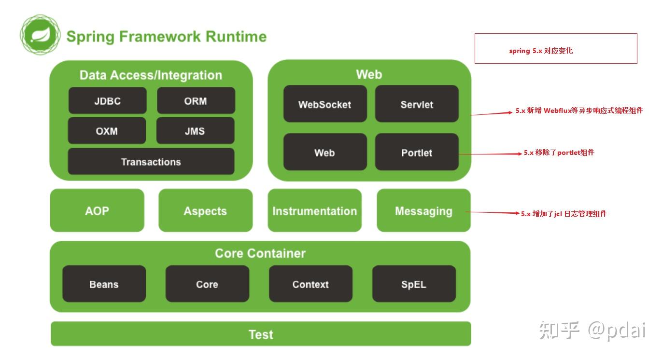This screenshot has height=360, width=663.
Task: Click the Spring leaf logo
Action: point(40,35)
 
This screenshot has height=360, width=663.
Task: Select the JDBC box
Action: point(107,100)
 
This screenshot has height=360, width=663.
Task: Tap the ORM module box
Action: point(196,100)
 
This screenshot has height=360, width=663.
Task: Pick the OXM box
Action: point(107,131)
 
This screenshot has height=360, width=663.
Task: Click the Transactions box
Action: point(151,162)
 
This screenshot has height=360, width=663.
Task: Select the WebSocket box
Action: point(325,104)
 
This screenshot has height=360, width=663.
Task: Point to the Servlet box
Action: point(417,104)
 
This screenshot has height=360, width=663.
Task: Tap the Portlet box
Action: point(417,152)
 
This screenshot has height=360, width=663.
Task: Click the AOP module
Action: point(97,210)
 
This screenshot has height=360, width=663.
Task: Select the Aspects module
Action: point(205,210)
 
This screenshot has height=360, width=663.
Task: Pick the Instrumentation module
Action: point(315,210)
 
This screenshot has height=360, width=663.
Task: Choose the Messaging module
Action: point(423,210)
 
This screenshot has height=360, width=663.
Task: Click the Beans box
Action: point(104,284)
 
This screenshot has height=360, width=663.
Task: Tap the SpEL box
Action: point(414,284)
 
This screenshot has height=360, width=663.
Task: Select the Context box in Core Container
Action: point(310,284)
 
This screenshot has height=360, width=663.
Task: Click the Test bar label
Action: point(261,334)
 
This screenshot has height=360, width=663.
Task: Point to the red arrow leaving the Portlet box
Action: point(490,154)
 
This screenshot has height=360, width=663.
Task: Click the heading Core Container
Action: point(260,253)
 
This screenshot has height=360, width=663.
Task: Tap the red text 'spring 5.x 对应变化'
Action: point(541,51)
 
